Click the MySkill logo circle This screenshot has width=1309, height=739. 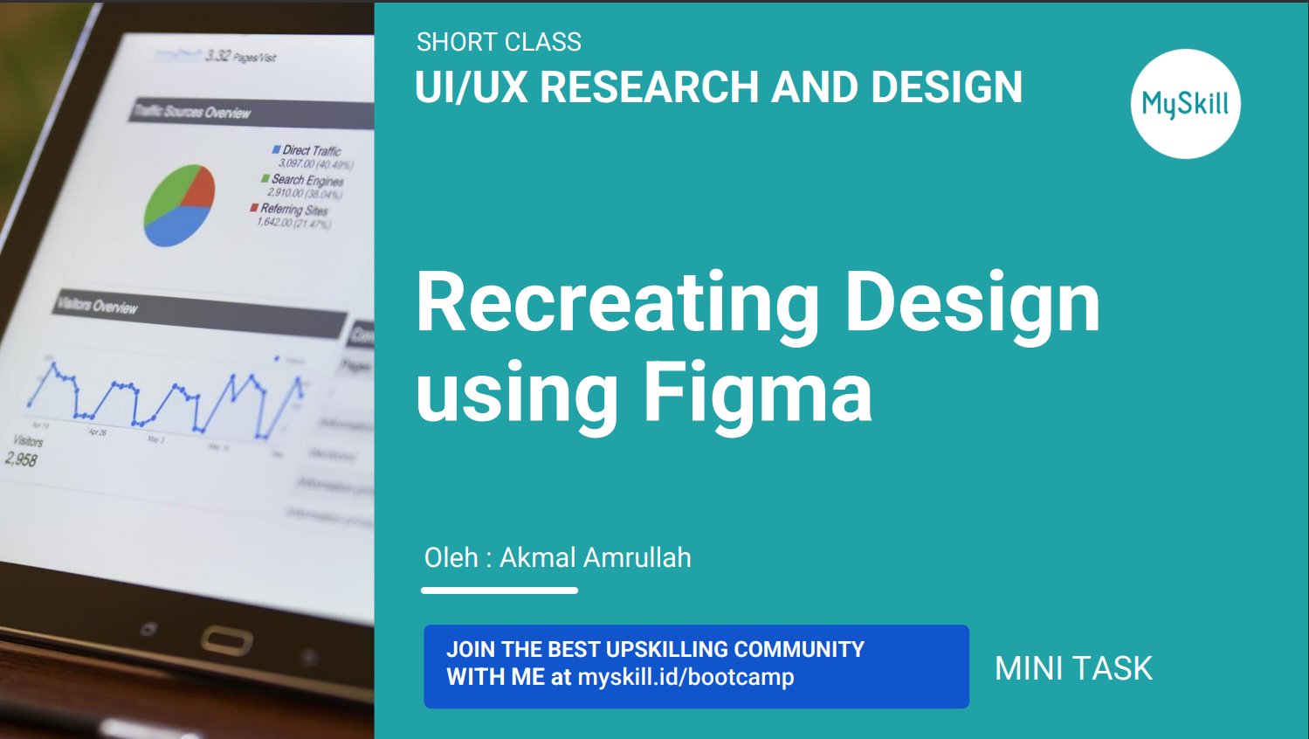tap(1185, 104)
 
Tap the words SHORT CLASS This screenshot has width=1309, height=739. tap(499, 42)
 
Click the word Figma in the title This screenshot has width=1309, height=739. tap(757, 392)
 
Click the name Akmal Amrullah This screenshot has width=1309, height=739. tap(595, 557)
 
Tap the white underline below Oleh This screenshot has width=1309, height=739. tap(499, 591)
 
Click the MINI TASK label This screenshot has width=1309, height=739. tap(1073, 668)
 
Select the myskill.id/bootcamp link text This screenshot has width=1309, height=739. tap(686, 677)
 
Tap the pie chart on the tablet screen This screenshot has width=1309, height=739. tap(179, 204)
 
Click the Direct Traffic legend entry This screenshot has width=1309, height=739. tap(311, 151)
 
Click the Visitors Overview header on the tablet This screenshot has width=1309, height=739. tap(97, 306)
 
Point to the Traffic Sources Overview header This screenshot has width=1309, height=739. tap(192, 112)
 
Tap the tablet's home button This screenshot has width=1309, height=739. tap(226, 641)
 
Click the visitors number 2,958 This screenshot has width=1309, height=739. tap(21, 459)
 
